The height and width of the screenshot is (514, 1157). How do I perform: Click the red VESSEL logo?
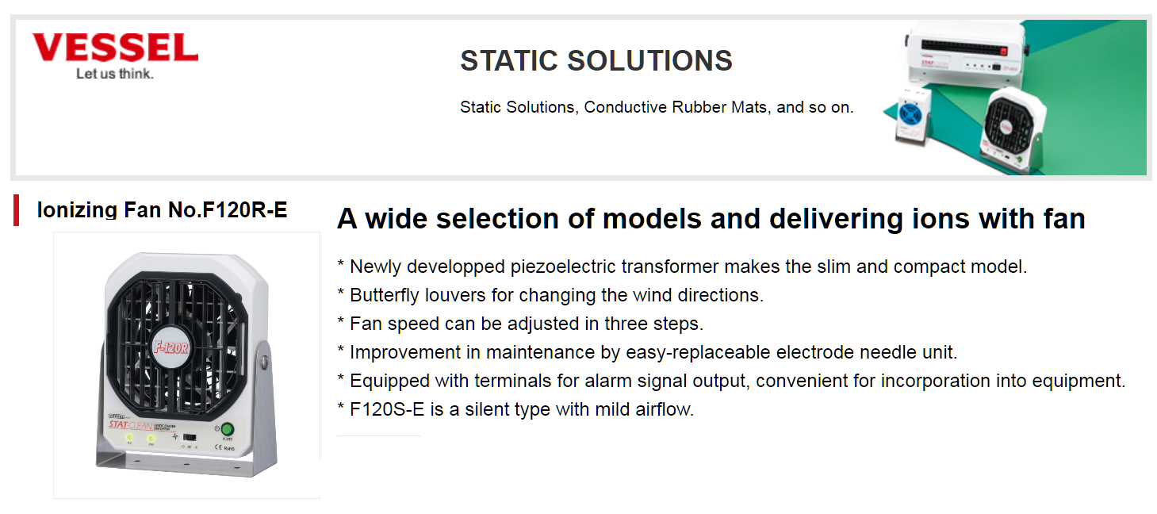[115, 48]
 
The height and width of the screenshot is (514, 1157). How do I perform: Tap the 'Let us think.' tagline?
[115, 74]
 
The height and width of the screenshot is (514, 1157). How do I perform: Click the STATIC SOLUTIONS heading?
[596, 60]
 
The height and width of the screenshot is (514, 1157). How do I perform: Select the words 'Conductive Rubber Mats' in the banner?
[677, 107]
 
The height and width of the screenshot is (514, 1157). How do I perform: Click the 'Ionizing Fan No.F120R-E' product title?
[162, 209]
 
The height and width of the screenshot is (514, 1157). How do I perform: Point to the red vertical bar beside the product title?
[17, 209]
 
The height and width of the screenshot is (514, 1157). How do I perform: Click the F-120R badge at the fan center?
[171, 347]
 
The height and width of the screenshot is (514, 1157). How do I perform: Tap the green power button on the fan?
[228, 429]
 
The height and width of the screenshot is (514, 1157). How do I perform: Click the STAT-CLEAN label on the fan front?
[130, 425]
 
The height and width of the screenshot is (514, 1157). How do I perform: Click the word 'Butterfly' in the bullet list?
[385, 295]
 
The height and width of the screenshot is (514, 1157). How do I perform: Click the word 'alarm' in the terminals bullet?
[608, 381]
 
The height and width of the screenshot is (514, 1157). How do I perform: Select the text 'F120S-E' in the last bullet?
[387, 409]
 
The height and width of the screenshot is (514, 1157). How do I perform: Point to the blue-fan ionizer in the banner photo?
[912, 115]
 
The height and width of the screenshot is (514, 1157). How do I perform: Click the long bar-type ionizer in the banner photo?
[965, 56]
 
